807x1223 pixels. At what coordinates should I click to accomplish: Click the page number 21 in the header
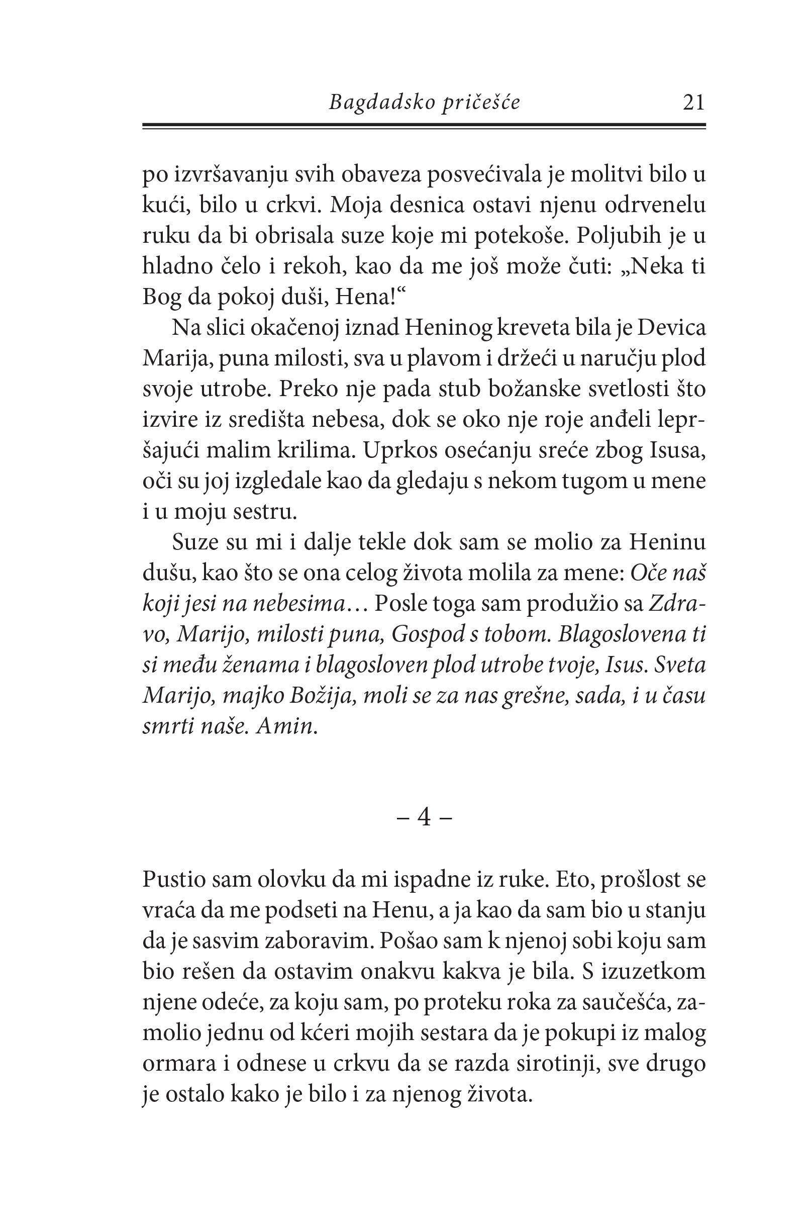click(693, 103)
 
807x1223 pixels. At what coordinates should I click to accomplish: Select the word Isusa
click(676, 450)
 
